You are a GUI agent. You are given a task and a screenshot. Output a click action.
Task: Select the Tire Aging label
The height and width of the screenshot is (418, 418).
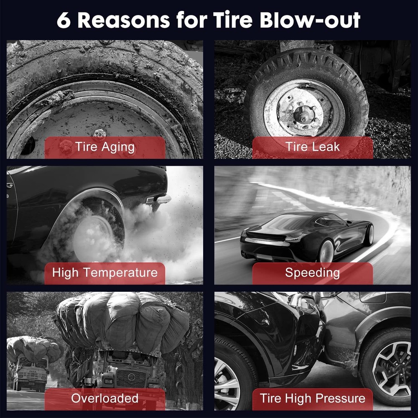tap(104, 147)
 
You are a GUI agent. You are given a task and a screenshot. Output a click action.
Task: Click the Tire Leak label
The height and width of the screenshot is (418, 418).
tap(312, 147)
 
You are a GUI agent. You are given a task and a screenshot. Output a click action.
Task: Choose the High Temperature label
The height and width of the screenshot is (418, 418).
tap(104, 273)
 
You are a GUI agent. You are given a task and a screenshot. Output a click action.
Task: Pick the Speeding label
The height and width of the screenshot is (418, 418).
tap(312, 273)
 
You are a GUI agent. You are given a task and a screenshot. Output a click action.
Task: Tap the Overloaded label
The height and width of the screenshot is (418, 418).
tap(104, 398)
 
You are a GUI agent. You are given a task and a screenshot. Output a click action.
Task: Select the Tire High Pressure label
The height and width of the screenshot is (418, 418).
tap(312, 398)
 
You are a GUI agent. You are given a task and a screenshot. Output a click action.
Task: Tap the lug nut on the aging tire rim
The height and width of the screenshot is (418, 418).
tap(99, 133)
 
